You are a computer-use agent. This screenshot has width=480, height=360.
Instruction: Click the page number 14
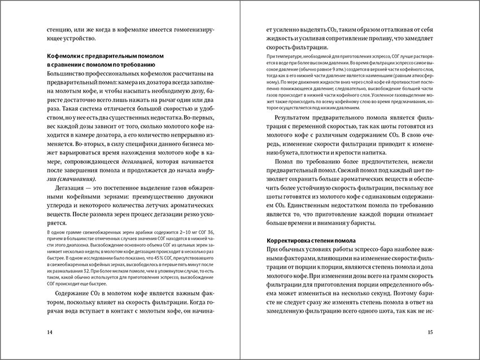(50, 332)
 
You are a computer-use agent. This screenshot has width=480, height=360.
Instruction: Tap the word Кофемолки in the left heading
(66, 56)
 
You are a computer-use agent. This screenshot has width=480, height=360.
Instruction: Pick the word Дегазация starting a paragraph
(73, 187)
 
